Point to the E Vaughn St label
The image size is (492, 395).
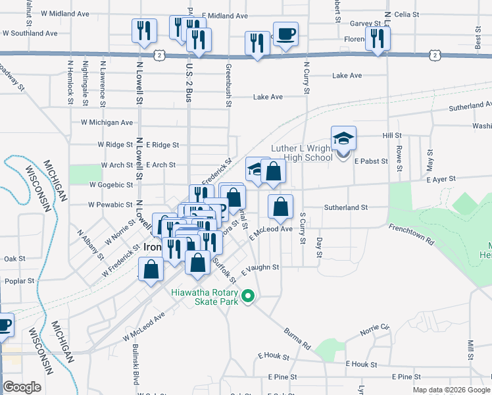click(261, 269)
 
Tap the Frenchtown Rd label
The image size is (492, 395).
click(412, 234)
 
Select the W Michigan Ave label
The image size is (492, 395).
click(107, 122)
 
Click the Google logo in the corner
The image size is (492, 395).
click(22, 387)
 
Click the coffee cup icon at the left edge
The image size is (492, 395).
click(4, 325)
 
